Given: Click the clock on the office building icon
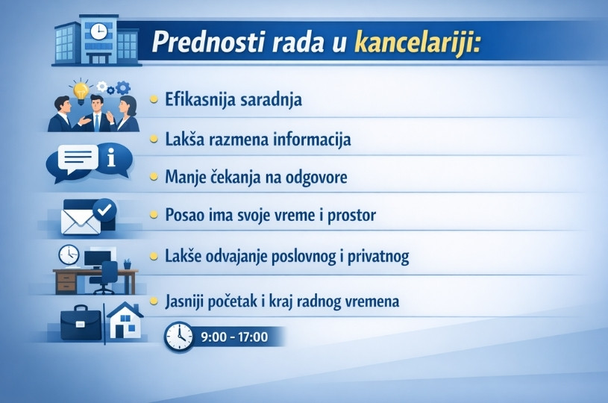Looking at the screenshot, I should tap(98, 31).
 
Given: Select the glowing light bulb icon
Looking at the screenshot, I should tap(81, 89).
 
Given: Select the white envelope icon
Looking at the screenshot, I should tap(78, 222).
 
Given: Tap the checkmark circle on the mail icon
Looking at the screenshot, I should tap(105, 209).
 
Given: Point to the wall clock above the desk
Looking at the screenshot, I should tap(69, 254).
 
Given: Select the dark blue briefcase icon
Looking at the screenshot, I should tap(81, 322).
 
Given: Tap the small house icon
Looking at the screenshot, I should tap(125, 320).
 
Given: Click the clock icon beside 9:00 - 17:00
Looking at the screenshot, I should tap(179, 337).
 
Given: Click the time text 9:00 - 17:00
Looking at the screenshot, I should tap(234, 337).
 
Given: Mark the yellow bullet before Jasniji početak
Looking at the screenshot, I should tap(154, 302).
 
